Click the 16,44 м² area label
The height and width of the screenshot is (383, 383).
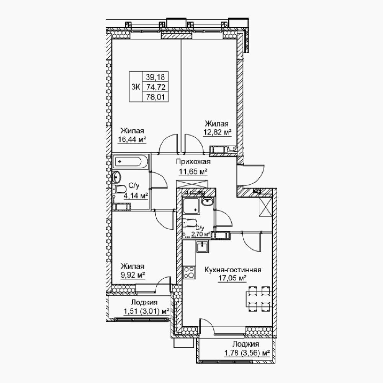(132, 139)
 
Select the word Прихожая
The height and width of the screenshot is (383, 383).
(193, 162)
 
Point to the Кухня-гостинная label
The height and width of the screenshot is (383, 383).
(233, 270)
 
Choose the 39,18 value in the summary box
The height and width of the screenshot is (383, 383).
(155, 77)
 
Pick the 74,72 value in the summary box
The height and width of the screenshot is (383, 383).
(155, 87)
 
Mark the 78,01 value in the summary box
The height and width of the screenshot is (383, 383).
(155, 97)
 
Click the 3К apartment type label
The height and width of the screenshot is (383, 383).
(136, 87)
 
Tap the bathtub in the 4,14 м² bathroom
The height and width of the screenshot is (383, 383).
(131, 162)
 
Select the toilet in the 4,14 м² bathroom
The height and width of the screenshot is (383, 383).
(119, 189)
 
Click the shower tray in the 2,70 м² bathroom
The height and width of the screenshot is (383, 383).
(192, 205)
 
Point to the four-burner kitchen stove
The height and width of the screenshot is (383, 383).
(189, 273)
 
